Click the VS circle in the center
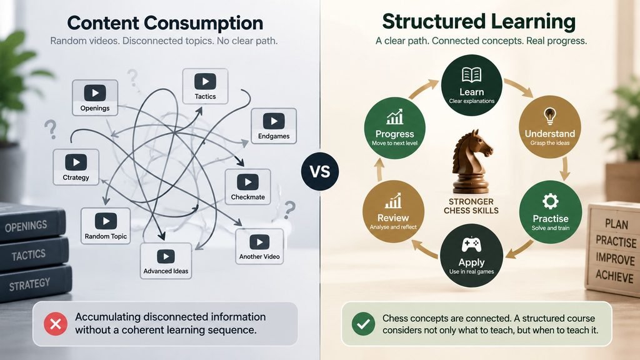[320, 171]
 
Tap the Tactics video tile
[205, 86]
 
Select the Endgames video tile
[274, 126]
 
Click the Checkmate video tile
[247, 186]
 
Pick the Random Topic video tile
[106, 226]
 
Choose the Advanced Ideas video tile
[166, 261]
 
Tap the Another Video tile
[259, 246]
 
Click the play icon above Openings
[95, 93]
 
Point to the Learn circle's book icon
[471, 75]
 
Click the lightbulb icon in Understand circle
[550, 116]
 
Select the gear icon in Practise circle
[550, 201]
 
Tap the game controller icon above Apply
[471, 245]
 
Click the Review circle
[393, 211]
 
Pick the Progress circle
[395, 127]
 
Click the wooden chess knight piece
[471, 162]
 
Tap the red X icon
[56, 324]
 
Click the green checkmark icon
[363, 324]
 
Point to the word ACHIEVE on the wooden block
[614, 276]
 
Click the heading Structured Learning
[479, 22]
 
